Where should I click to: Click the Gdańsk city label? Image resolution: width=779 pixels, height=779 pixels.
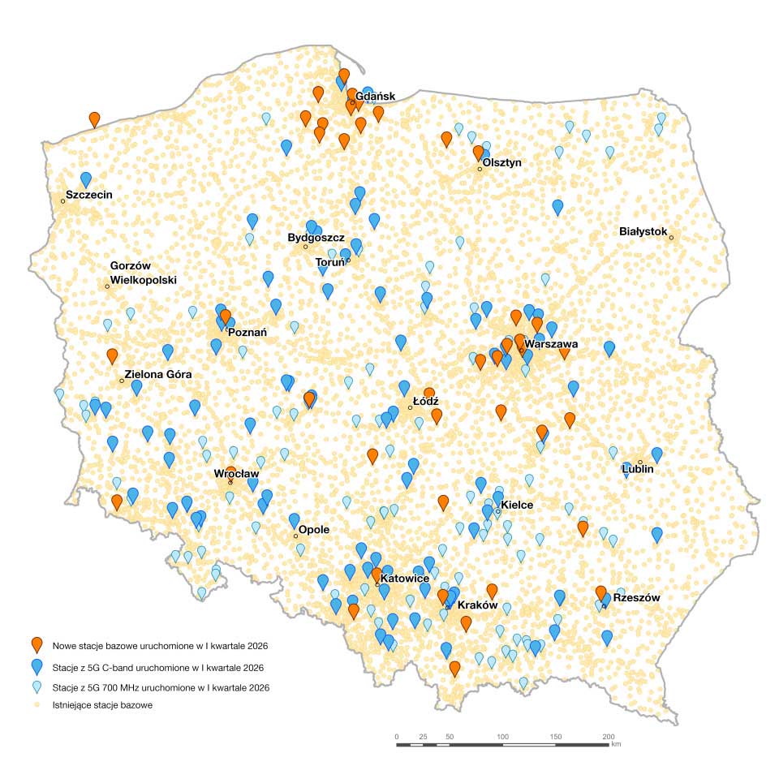pos(375,97)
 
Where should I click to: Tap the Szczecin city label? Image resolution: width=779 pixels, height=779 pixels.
pos(88,195)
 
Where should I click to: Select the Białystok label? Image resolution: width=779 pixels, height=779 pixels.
pos(643,232)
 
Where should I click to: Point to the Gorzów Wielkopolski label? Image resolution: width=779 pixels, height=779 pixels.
pos(143,273)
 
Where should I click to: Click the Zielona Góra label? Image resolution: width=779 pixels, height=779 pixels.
pos(157,374)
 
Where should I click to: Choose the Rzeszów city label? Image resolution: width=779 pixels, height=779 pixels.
pos(636,598)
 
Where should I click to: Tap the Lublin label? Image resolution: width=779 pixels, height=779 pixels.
pos(637,469)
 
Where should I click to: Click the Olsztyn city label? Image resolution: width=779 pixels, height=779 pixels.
pos(501,163)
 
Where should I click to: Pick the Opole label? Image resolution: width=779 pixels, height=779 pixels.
pos(314,530)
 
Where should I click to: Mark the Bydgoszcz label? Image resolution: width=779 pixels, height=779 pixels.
pos(316,238)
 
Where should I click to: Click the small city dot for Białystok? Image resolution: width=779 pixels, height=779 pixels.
pos(672,237)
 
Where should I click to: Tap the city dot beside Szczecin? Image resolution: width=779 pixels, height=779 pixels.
pos(62,200)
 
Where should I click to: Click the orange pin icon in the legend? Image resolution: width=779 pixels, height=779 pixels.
pos(37,645)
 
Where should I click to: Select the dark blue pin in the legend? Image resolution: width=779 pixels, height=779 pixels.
pos(37,667)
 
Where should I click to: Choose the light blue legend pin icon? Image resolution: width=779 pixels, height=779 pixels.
pos(37,687)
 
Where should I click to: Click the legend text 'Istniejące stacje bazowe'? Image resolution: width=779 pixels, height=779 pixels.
pos(102,705)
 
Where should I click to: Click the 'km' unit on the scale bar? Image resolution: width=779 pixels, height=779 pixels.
pos(617,743)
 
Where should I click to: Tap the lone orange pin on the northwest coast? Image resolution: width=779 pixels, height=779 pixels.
pos(95,119)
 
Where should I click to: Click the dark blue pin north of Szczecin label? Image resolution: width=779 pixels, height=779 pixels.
pos(86,179)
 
